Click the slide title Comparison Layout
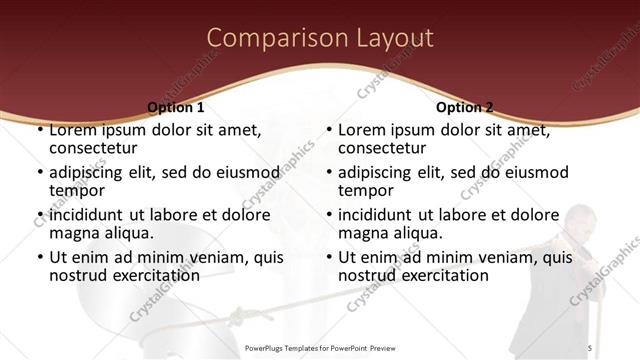320,39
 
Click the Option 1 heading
176,107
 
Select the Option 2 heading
464,107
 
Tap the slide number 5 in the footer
590,347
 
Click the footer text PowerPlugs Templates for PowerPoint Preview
320,347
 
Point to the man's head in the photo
580,222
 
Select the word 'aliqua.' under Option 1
126,233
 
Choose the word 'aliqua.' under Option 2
415,233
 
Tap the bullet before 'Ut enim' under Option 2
329,257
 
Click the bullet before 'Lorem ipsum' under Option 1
40,131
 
